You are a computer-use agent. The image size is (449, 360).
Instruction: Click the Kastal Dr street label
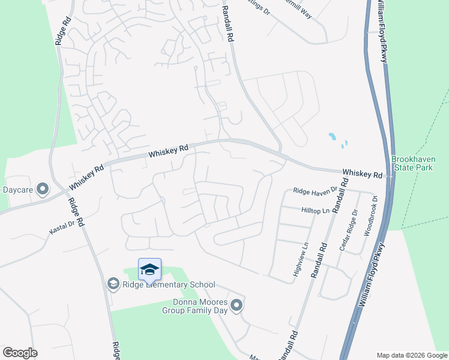pyautogui.click(x=62, y=226)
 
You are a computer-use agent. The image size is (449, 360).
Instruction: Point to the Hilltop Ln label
pyautogui.click(x=315, y=211)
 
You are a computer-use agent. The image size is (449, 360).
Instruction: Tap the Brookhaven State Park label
pyautogui.click(x=412, y=163)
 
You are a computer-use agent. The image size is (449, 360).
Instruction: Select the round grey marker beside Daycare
pyautogui.click(x=43, y=190)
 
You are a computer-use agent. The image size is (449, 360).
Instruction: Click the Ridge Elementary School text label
pyautogui.click(x=169, y=284)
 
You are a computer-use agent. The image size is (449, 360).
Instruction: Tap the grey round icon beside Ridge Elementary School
pyautogui.click(x=113, y=283)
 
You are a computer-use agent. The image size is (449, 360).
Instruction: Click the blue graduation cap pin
pyautogui.click(x=149, y=269)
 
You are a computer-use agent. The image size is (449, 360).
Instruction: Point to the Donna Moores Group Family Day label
pyautogui.click(x=196, y=306)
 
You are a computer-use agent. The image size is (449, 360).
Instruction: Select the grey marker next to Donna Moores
pyautogui.click(x=237, y=306)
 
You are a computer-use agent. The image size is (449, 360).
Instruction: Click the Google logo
pyautogui.click(x=20, y=353)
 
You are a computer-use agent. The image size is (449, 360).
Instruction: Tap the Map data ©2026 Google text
pyautogui.click(x=412, y=355)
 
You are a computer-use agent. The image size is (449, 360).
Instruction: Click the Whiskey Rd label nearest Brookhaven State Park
pyautogui.click(x=362, y=173)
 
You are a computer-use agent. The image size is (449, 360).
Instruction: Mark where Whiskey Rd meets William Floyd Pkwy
pyautogui.click(x=391, y=176)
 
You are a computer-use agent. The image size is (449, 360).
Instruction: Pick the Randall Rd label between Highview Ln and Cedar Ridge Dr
pyautogui.click(x=319, y=259)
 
